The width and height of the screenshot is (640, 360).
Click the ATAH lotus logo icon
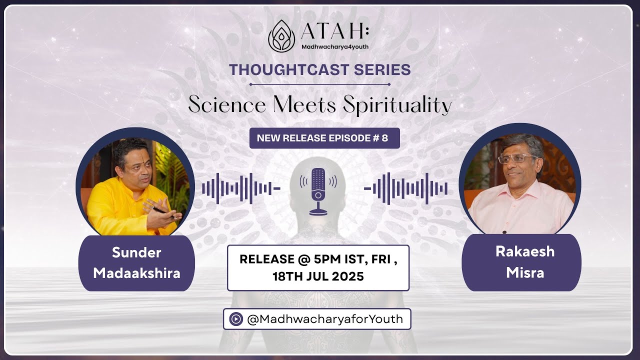tap(281, 36)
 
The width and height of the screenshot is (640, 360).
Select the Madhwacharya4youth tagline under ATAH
tap(334, 46)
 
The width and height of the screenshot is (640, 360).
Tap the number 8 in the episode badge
tap(384, 138)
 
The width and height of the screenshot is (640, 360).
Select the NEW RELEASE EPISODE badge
tap(324, 138)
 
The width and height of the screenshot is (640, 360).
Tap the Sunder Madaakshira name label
tap(136, 263)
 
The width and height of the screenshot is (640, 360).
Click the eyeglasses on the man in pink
tap(516, 158)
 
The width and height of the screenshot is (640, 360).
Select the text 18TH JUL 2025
tap(318, 276)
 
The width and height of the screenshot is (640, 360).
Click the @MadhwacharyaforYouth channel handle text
tap(324, 319)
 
